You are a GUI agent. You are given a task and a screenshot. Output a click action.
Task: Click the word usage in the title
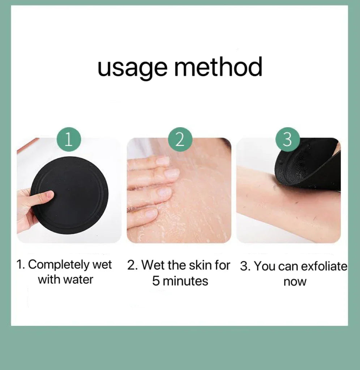pos(132,68)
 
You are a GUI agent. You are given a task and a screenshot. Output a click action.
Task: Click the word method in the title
pos(218,66)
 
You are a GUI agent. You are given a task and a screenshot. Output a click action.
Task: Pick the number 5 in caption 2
pos(155,281)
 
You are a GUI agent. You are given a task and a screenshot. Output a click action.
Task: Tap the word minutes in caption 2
pos(185,281)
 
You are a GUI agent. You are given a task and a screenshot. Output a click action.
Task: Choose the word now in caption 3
pos(295,282)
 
